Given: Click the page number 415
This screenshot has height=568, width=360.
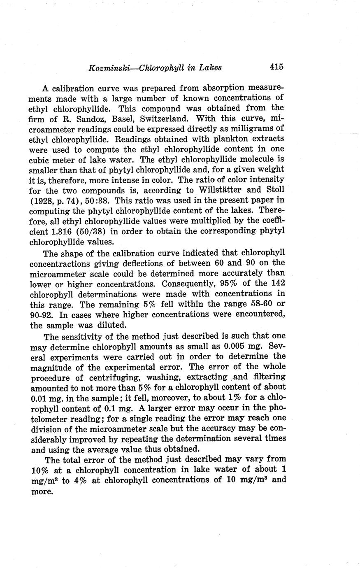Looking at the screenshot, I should pos(276,67).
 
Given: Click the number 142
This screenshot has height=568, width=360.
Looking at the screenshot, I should pos(277,284).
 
